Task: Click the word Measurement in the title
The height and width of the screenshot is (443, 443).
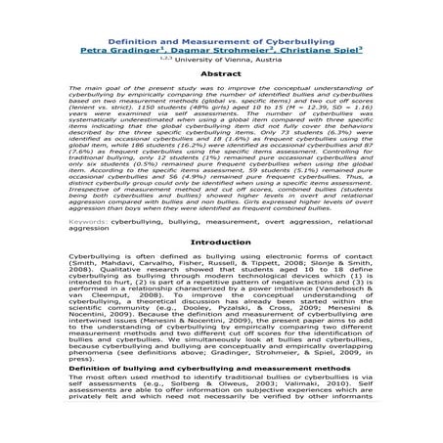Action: (x=234, y=7)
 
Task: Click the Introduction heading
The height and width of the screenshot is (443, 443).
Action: (x=221, y=240)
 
